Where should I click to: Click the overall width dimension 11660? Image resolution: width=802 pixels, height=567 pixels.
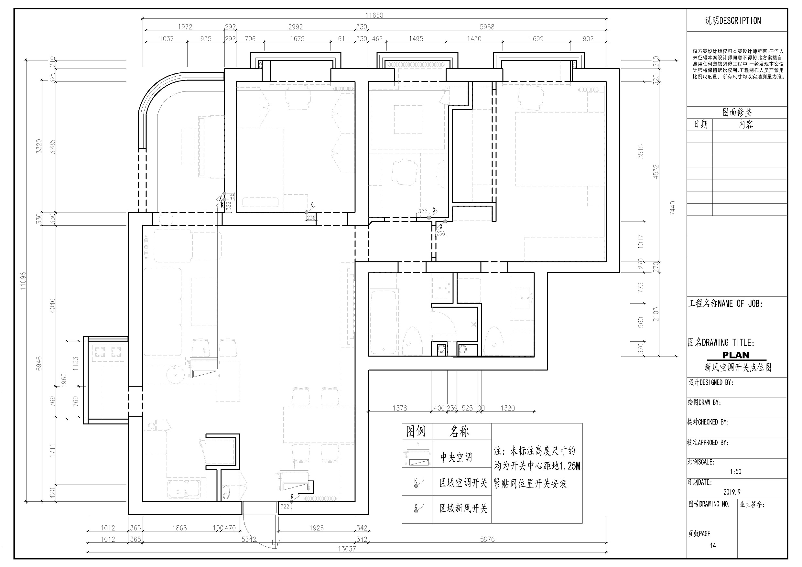[374, 16]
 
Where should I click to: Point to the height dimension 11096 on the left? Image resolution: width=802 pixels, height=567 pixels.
[23, 281]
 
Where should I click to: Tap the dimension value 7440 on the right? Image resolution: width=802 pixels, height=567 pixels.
[672, 208]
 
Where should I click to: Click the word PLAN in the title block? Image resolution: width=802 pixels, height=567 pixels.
[736, 355]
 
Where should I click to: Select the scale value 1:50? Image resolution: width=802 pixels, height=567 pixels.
[735, 472]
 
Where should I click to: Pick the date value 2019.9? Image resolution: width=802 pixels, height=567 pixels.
[732, 492]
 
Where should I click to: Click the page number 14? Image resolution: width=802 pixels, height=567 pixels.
[713, 545]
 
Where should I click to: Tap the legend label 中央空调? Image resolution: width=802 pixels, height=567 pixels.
[456, 457]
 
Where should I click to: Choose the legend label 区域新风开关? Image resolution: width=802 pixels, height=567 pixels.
[463, 508]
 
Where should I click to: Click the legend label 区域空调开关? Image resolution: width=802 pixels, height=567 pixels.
[463, 483]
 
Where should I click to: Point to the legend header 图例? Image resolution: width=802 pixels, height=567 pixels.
[416, 432]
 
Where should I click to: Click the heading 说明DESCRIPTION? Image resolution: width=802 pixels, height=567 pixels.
[732, 21]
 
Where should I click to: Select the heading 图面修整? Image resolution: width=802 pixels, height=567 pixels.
[737, 112]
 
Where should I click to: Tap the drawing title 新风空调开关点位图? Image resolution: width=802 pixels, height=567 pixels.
[738, 367]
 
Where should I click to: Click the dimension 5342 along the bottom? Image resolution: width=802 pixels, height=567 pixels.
[249, 540]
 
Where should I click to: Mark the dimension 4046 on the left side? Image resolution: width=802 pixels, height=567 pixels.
[52, 305]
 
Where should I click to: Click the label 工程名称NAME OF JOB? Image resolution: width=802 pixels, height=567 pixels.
[725, 304]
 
